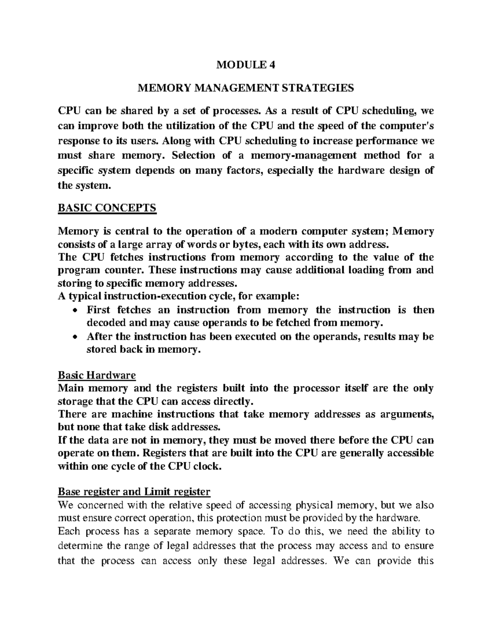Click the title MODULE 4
pos(246,65)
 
